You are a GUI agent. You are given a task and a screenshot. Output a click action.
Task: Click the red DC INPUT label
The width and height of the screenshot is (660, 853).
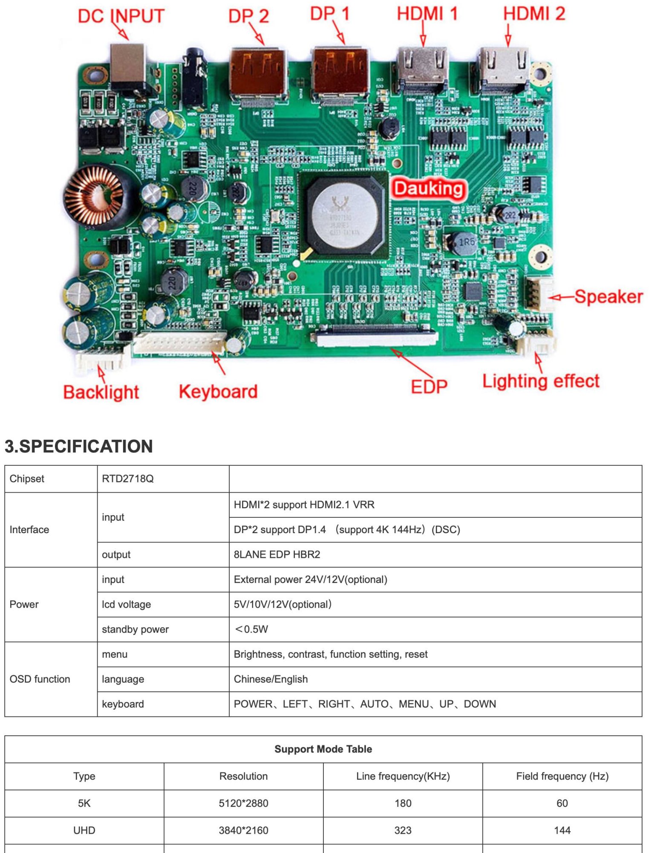[x=121, y=16]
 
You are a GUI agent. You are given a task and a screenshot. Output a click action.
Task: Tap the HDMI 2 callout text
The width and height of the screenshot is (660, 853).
[x=534, y=14]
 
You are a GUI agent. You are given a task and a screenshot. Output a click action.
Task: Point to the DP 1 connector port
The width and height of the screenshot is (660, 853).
[x=340, y=73]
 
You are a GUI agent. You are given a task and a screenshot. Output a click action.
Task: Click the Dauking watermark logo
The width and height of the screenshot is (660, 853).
[x=428, y=189]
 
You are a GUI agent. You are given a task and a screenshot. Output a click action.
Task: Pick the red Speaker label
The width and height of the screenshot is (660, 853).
[x=608, y=296]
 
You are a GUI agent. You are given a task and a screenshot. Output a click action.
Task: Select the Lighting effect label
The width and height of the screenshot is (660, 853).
[x=541, y=381]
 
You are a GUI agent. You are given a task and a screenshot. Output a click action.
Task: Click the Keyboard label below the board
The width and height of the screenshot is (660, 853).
[x=218, y=392]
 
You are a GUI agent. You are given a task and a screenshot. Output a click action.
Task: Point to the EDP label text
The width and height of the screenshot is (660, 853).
[x=429, y=386]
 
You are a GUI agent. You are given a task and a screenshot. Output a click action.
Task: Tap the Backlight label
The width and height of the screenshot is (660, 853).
[x=101, y=392]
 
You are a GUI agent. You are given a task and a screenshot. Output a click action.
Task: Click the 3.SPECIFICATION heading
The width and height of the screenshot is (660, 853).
[x=79, y=446]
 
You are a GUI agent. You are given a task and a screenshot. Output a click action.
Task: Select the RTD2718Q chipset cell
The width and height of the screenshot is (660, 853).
[x=128, y=479]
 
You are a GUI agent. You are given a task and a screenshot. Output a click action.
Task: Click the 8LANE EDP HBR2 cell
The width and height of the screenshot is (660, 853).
[x=277, y=554]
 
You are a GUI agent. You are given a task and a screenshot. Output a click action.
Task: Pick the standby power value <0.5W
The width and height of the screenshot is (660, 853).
[x=251, y=629]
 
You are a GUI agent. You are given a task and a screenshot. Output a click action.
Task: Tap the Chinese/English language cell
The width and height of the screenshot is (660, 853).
[x=271, y=679]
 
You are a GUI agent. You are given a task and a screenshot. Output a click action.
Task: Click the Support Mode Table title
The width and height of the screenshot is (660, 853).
[x=323, y=749]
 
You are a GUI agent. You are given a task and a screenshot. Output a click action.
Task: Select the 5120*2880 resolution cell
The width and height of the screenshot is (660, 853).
[x=243, y=803]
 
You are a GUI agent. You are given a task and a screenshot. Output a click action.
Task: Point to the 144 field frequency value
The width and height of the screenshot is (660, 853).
[x=562, y=830]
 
